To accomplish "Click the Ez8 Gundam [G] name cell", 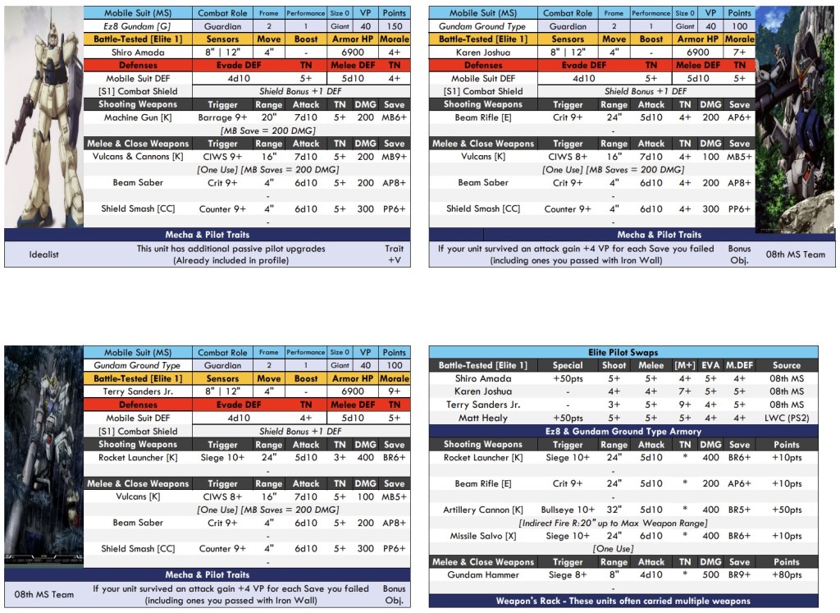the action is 137,26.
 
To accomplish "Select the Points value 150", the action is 395,26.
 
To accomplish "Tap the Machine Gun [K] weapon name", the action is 138,117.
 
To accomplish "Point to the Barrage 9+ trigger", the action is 222,117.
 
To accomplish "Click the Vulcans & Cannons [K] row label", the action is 138,157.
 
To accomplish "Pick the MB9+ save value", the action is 395,157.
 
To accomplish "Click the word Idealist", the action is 44,254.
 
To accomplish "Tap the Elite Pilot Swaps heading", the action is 623,352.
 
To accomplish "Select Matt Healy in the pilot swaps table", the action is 482,418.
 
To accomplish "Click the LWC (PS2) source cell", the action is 787,418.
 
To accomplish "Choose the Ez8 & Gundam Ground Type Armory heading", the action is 623,432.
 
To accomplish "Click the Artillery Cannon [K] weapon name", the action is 482,510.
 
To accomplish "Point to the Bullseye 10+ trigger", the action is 568,510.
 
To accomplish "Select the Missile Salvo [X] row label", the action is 482,536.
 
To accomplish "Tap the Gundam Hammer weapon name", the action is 482,575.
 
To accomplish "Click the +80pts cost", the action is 787,575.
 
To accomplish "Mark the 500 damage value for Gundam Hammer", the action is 710,575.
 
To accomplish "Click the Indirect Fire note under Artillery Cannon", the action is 613,523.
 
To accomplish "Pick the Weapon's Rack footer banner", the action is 623,602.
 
